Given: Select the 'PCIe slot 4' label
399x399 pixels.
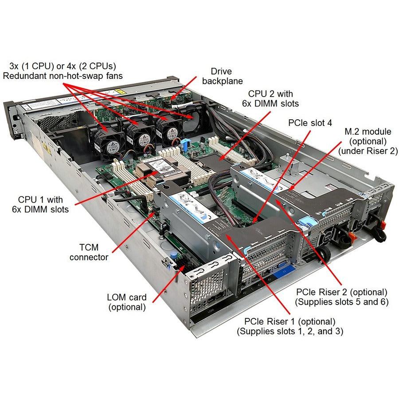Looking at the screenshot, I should (x=310, y=122).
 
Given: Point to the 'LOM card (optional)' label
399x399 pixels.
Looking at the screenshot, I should (x=126, y=301).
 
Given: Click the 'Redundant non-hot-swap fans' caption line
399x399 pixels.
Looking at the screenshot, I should (x=63, y=76).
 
